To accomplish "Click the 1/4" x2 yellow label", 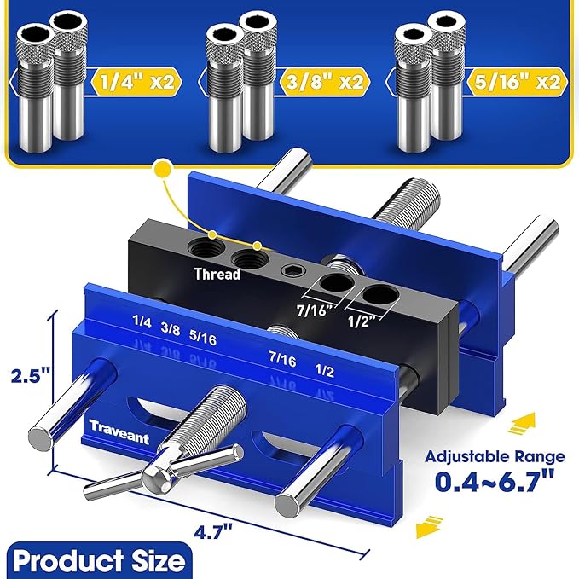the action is click(136, 82).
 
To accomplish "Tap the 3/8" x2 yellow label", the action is click(325, 82).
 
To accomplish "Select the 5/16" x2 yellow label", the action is click(516, 82).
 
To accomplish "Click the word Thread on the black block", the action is click(217, 274).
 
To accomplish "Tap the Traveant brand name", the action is click(119, 431).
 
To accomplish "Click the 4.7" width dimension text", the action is click(213, 532).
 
